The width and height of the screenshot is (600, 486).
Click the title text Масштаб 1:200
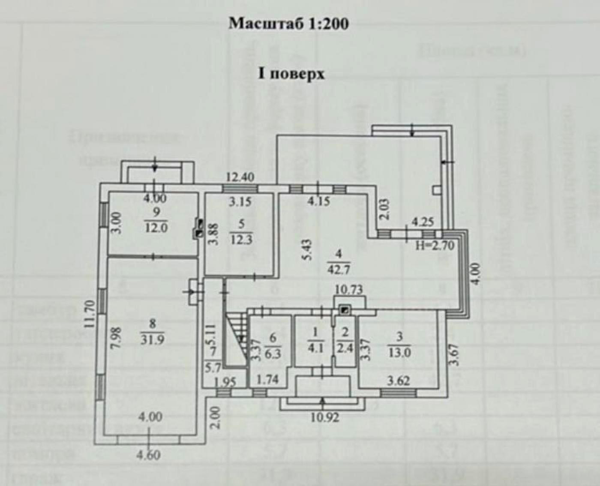click(x=288, y=23)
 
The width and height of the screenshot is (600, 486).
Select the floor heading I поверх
click(x=291, y=74)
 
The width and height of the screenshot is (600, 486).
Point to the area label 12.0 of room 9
click(x=156, y=228)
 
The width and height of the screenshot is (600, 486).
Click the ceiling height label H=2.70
click(x=435, y=246)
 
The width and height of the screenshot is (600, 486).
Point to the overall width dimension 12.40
click(x=240, y=176)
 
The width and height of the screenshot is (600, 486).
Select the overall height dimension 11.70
click(x=89, y=314)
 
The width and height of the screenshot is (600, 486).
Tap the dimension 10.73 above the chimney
click(x=348, y=289)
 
